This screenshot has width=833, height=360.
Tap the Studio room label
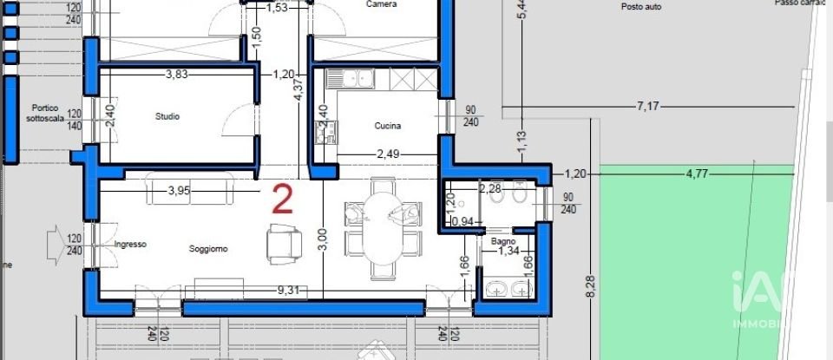tap(167, 116)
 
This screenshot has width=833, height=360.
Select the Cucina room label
tap(388, 126)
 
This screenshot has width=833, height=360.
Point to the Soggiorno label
tap(209, 248)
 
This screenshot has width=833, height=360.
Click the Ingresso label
tap(130, 245)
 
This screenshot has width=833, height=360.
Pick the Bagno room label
tap(503, 241)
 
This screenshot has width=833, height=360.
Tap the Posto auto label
tap(641, 6)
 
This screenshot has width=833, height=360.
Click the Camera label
tap(382, 4)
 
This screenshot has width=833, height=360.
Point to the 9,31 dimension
tap(287, 290)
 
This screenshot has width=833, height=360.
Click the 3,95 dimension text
tap(179, 190)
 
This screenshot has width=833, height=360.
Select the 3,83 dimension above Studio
tap(178, 74)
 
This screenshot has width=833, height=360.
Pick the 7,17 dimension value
tap(648, 106)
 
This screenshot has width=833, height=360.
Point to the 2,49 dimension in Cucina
tap(388, 154)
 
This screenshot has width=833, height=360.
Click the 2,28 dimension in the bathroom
tap(492, 188)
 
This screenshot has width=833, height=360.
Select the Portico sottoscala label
tap(45, 113)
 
